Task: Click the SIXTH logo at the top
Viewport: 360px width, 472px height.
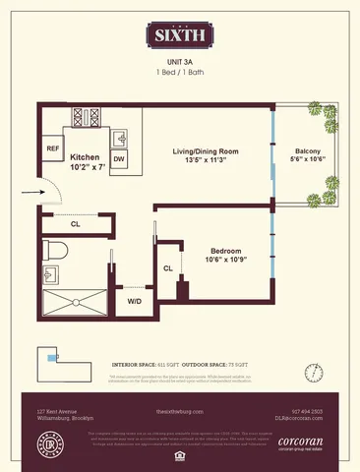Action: click(x=179, y=36)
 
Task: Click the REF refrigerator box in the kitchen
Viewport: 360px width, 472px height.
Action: click(x=53, y=148)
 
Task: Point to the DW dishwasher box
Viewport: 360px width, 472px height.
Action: click(x=118, y=158)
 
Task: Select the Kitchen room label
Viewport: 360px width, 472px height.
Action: click(x=85, y=158)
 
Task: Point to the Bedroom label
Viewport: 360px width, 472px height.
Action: click(x=225, y=252)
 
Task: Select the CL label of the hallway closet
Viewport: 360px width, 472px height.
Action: click(x=76, y=225)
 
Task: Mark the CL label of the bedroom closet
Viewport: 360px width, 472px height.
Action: click(x=167, y=266)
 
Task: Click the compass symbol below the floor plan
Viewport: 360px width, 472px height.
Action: click(x=315, y=372)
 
